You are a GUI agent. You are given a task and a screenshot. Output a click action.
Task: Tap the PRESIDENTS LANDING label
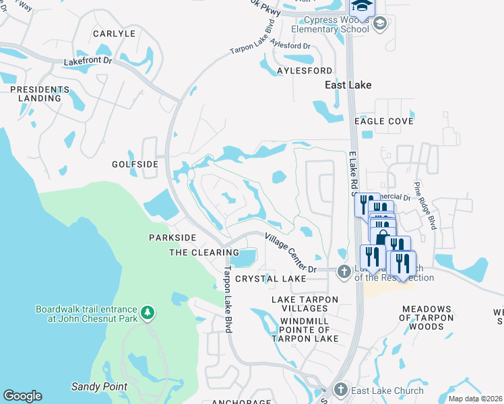[x=35, y=94]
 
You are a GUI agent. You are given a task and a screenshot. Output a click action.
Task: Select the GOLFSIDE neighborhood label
[x=135, y=164]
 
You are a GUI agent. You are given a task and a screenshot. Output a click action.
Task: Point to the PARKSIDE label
[x=172, y=238]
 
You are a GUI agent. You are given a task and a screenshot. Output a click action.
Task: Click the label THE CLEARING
[x=203, y=252]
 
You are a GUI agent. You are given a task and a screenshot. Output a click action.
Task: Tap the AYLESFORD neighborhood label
[x=305, y=71]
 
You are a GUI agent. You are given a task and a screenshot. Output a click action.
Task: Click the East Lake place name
[x=348, y=86]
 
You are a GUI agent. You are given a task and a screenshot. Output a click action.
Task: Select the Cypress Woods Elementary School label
[x=330, y=24]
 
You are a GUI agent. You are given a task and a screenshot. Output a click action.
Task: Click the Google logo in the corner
[x=22, y=396]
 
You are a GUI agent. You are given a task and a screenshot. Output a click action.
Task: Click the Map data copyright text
[x=475, y=399]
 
